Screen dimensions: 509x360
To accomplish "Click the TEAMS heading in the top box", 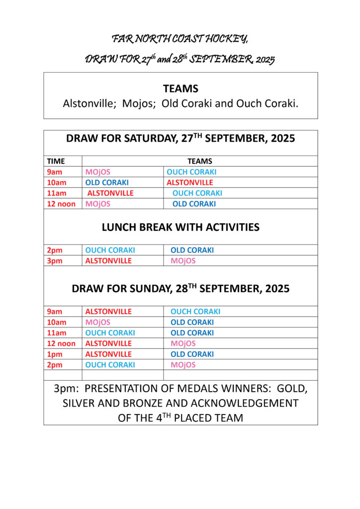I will click(180, 88).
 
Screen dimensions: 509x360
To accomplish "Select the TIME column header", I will click(56, 161).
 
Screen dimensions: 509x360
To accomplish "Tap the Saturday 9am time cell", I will click(55, 172).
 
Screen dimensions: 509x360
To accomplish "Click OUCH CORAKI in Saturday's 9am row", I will click(191, 172).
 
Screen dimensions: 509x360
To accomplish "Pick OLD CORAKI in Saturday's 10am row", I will click(107, 182).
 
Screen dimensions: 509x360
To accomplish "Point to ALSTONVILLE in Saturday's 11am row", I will click(110, 193).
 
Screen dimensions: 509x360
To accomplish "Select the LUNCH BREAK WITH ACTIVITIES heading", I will click(180, 227).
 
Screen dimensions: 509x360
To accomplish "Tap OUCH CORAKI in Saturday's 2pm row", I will click(110, 250).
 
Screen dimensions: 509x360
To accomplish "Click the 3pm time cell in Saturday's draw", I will click(55, 260).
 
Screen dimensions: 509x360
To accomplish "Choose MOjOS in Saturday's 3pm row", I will click(183, 260).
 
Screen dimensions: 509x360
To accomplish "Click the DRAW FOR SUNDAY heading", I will click(180, 288).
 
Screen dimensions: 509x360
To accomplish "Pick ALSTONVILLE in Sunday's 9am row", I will click(108, 312).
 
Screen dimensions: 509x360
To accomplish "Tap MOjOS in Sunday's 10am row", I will click(98, 322).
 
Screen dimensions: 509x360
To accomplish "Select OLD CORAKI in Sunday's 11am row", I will click(192, 333).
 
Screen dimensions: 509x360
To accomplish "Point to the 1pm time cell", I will click(55, 354).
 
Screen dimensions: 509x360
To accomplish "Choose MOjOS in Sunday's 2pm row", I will click(183, 365).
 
